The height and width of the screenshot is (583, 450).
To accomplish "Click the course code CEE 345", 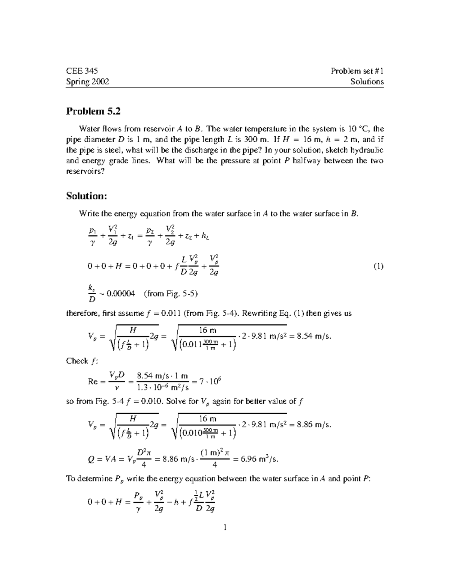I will [82, 71].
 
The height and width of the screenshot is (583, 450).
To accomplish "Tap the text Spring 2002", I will [88, 82].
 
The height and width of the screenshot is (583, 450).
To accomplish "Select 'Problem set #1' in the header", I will [357, 71].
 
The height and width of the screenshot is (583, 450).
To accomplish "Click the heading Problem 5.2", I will [93, 111].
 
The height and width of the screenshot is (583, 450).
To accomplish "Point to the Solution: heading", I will [87, 196].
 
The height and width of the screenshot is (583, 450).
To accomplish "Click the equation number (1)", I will [378, 267].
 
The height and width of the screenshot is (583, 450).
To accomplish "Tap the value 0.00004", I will [121, 294].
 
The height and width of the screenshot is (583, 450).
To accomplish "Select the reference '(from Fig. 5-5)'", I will [171, 294].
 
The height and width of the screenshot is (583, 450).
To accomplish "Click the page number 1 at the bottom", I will [225, 528].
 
